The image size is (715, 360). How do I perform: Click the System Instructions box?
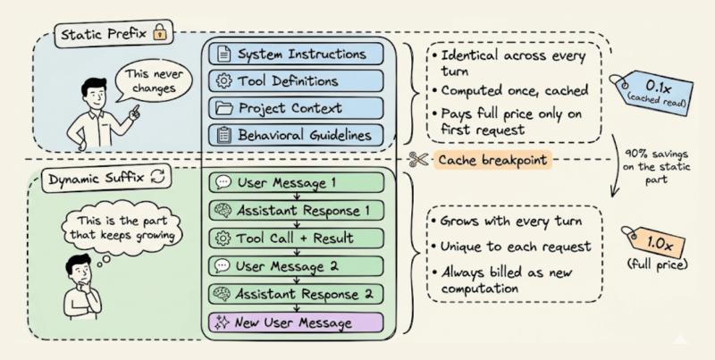[300, 54]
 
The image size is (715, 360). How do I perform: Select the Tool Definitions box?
[300, 81]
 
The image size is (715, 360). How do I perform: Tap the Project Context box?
[300, 108]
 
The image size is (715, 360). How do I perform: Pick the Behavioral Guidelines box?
[300, 135]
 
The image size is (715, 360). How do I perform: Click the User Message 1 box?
[300, 184]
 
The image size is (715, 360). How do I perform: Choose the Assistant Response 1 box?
[300, 211]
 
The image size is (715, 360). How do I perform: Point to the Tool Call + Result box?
[300, 239]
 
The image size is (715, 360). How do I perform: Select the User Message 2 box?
[300, 266]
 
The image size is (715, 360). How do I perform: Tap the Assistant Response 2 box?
[300, 293]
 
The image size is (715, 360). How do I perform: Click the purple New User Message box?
[300, 322]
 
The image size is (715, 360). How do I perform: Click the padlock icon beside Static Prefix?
[160, 35]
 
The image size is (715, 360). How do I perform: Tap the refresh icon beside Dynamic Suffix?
[159, 177]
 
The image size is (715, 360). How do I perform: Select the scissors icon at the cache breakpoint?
[416, 160]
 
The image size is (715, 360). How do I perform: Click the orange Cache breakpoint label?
[492, 160]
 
